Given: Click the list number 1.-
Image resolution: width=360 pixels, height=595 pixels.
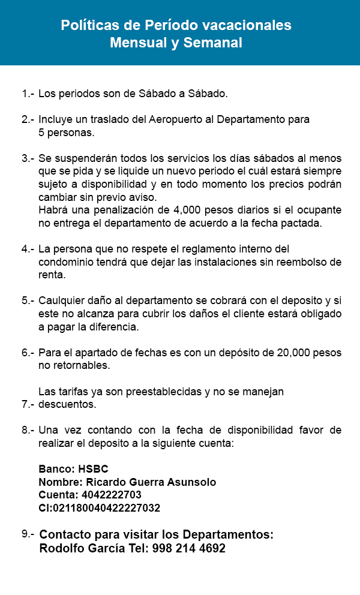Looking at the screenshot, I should tap(28, 94).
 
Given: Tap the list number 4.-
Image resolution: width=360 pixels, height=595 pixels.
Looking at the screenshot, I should tap(28, 249).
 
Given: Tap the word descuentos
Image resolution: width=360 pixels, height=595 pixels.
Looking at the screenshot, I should tap(67, 404).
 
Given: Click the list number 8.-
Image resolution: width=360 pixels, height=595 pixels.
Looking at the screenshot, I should tap(28, 430).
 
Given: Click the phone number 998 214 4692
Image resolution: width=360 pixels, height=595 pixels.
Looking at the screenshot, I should tap(189, 548).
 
